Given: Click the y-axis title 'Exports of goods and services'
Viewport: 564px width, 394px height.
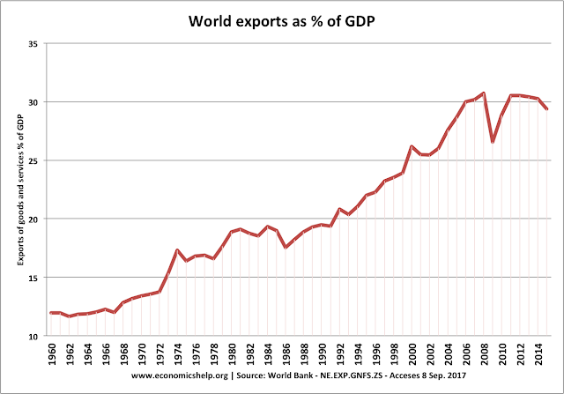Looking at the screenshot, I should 12,189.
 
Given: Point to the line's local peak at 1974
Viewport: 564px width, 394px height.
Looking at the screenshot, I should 152,249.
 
